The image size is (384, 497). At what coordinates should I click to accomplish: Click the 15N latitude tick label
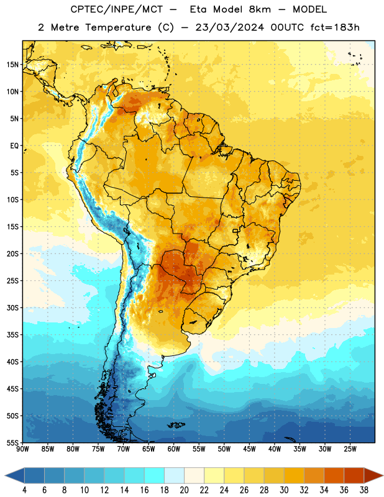(x=12, y=65)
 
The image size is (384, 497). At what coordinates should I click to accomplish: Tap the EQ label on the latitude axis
(x=14, y=146)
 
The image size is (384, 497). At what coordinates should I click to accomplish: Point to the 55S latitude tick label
(x=12, y=442)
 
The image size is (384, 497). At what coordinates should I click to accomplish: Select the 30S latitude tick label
(x=12, y=308)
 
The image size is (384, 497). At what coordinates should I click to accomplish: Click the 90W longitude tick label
(x=22, y=449)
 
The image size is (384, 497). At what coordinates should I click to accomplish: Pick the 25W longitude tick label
(x=350, y=449)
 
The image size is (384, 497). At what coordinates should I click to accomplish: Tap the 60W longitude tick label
(x=174, y=449)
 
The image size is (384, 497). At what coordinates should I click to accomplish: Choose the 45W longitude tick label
(x=250, y=449)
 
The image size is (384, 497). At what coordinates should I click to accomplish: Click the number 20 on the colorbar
(x=184, y=490)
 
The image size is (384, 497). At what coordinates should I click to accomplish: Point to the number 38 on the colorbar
(x=364, y=490)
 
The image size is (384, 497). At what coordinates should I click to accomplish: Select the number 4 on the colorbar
(x=24, y=490)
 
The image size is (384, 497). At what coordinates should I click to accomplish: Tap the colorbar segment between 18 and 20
(x=174, y=475)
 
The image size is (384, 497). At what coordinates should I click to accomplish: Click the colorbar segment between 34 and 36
(x=334, y=475)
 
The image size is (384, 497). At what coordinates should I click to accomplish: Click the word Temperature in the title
(x=117, y=27)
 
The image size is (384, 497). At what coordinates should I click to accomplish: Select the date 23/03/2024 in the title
(x=229, y=27)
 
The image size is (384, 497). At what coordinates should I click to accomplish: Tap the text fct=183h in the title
(x=335, y=27)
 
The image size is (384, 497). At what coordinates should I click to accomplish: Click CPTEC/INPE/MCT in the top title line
(x=116, y=9)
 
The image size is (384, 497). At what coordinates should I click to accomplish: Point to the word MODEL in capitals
(x=309, y=9)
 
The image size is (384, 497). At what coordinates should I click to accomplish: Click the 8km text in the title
(x=260, y=9)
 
